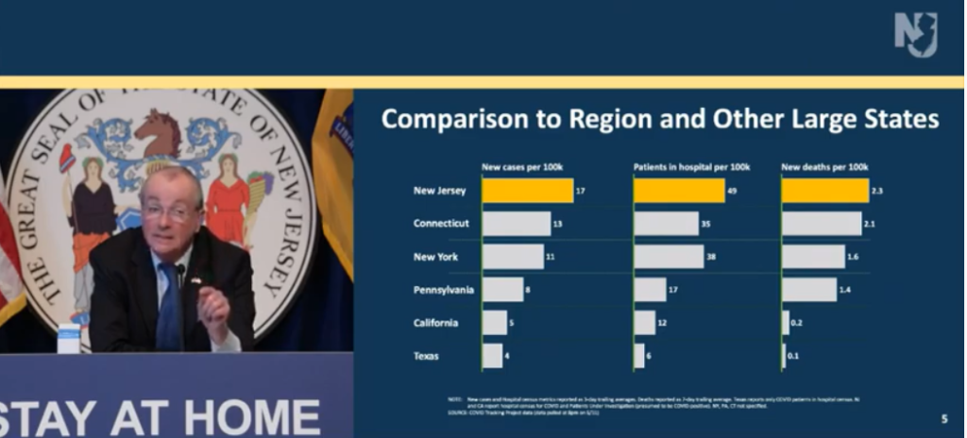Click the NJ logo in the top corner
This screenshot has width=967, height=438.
915,35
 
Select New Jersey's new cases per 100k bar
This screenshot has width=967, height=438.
527,191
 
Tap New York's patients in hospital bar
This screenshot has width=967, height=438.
669,257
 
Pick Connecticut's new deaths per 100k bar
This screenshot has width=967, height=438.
822,224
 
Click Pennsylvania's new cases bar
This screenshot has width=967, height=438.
502,290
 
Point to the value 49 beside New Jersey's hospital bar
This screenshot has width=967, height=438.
733,191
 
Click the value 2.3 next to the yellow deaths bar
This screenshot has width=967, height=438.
877,191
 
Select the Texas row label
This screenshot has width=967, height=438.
428,357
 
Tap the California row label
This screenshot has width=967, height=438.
436,323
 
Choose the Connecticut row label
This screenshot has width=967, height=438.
441,224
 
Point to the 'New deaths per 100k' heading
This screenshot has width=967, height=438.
824,167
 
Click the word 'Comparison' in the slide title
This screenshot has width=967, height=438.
458,120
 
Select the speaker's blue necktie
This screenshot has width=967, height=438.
169,307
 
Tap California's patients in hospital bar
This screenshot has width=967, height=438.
644,323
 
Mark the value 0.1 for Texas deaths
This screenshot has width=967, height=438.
795,357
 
